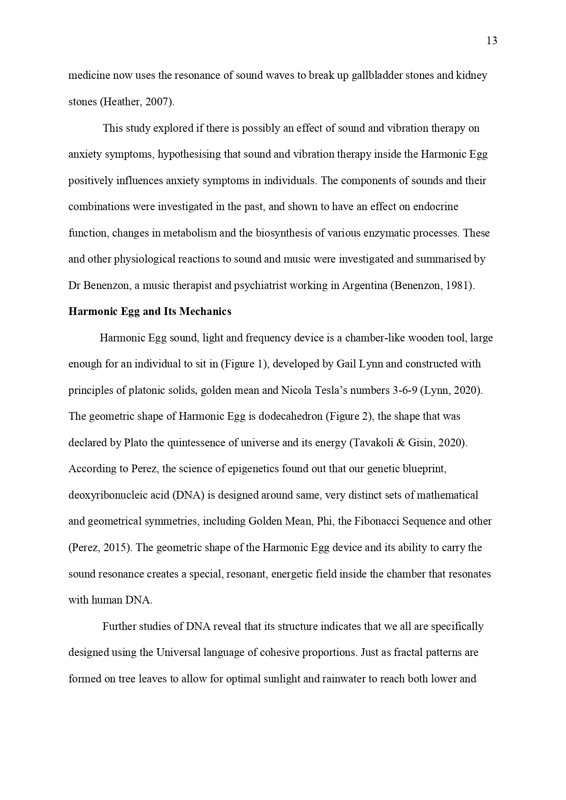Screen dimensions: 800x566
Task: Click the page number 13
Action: [x=492, y=41]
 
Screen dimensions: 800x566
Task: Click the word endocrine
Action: [x=436, y=206]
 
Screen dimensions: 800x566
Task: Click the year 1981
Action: [x=461, y=286]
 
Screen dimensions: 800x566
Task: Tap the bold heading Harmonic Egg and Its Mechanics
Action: [x=150, y=312]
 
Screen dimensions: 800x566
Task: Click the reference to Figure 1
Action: [x=246, y=364]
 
